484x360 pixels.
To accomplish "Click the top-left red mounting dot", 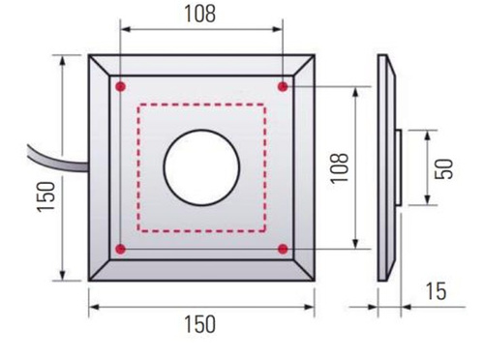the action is pyautogui.click(x=121, y=86).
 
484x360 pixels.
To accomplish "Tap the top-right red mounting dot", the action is pyautogui.click(x=283, y=86).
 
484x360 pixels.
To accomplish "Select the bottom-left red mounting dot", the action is pyautogui.click(x=121, y=249).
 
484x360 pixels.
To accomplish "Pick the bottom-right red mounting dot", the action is pyautogui.click(x=283, y=249).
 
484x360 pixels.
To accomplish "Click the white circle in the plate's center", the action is pyautogui.click(x=201, y=167).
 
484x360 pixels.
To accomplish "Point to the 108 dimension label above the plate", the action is pyautogui.click(x=200, y=15).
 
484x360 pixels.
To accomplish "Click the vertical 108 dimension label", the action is pyautogui.click(x=340, y=168).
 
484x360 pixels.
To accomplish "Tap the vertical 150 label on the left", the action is pyautogui.click(x=45, y=196).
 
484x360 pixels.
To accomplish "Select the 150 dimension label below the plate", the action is pyautogui.click(x=199, y=324).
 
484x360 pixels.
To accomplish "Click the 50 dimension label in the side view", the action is pyautogui.click(x=444, y=169).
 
